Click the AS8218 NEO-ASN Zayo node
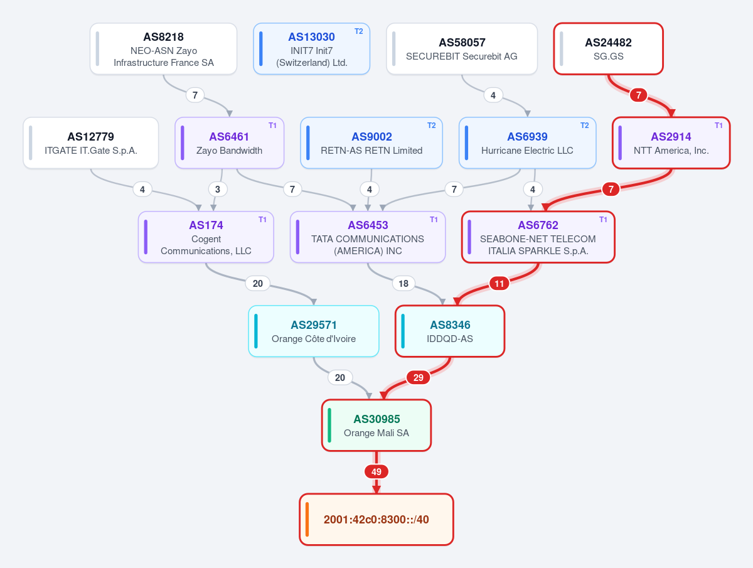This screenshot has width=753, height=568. (163, 49)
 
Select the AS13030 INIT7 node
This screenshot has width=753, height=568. (311, 49)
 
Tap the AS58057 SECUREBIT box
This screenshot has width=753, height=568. (462, 49)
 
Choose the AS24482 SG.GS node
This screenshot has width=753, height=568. (608, 49)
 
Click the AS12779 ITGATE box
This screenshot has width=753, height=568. (91, 143)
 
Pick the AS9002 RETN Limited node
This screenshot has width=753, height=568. (371, 143)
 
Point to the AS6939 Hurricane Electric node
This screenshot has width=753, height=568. (527, 143)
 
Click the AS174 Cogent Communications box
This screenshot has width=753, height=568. (206, 237)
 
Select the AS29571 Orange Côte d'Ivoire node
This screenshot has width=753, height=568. (314, 331)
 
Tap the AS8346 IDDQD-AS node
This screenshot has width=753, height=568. (450, 331)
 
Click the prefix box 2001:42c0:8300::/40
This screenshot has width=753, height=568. (376, 520)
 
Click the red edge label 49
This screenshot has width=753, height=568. (376, 472)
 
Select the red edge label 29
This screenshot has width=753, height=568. (418, 378)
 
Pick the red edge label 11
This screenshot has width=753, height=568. (499, 284)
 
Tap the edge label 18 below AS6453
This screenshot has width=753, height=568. (403, 284)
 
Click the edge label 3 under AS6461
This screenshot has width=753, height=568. (218, 190)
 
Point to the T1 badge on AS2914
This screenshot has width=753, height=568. (718, 126)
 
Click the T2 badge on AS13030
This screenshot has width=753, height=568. (358, 31)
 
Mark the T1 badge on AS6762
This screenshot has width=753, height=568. (603, 220)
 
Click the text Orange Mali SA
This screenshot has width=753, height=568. (376, 433)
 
